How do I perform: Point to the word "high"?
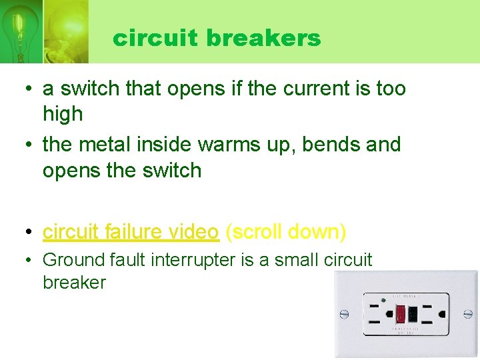click(63, 114)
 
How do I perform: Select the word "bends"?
click(325, 144)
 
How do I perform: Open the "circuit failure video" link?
click(131, 231)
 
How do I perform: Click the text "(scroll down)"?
click(286, 231)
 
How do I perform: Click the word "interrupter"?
click(189, 259)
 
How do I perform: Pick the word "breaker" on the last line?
click(74, 282)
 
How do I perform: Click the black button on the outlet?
click(413, 313)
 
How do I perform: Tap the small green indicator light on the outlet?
click(384, 300)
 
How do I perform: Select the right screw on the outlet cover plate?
click(467, 313)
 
